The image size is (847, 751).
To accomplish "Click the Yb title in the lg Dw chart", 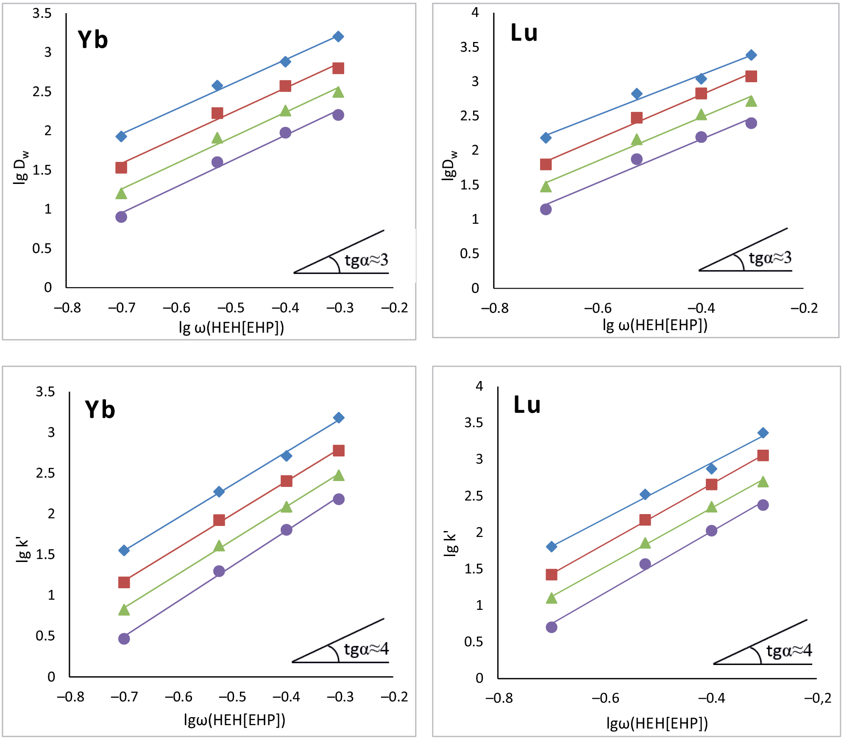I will pyautogui.click(x=93, y=40).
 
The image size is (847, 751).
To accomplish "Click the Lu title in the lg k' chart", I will pyautogui.click(x=527, y=405).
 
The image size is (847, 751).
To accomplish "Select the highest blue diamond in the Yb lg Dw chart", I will pyautogui.click(x=338, y=36).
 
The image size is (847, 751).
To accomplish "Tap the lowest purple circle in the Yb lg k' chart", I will pyautogui.click(x=124, y=639).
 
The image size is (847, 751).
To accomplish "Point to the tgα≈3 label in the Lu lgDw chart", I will pyautogui.click(x=770, y=258).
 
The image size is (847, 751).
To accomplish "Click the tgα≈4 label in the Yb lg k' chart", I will pyautogui.click(x=366, y=649).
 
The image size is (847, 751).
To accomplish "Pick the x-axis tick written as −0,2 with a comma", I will pyautogui.click(x=818, y=698).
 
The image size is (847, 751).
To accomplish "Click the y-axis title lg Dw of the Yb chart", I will pyautogui.click(x=21, y=167).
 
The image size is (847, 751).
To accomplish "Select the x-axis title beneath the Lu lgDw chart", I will pyautogui.click(x=655, y=325).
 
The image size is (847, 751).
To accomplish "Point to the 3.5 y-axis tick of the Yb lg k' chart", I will pyautogui.click(x=45, y=392).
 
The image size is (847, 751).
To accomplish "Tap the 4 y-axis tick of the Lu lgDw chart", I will pyautogui.click(x=475, y=13).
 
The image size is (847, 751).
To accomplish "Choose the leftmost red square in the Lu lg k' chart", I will pyautogui.click(x=551, y=575).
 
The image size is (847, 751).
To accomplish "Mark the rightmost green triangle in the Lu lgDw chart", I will pyautogui.click(x=751, y=101).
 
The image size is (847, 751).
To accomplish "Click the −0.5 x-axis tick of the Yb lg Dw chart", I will pyautogui.click(x=231, y=308).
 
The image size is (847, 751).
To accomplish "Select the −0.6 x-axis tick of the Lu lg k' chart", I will pyautogui.click(x=605, y=698).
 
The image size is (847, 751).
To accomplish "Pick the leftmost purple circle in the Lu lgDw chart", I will pyautogui.click(x=546, y=209).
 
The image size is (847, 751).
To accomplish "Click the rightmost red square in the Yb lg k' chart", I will pyautogui.click(x=338, y=451).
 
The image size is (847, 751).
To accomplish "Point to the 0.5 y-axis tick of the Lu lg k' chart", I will pyautogui.click(x=474, y=642).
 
